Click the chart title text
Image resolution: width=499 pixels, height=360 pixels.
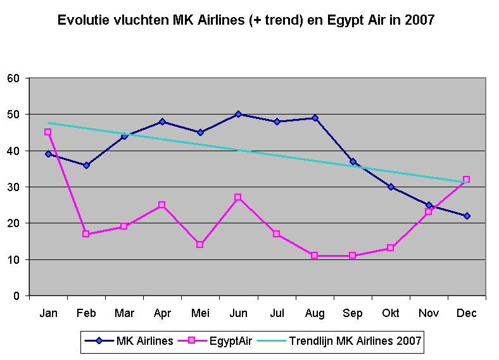tap(246, 20)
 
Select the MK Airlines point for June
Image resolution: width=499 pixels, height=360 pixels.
tap(238, 115)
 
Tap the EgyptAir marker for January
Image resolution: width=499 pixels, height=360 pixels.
tap(48, 132)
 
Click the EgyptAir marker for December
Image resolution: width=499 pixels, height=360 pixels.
tap(467, 180)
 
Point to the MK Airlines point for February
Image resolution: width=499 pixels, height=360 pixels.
tap(86, 165)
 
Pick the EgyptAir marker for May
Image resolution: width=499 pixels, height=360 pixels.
tap(200, 244)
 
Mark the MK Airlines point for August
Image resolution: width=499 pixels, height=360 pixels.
tap(315, 118)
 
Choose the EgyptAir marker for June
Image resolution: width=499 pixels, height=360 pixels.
tap(238, 197)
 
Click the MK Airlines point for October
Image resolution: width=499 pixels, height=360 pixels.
tap(391, 187)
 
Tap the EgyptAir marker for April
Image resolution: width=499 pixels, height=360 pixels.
tap(162, 205)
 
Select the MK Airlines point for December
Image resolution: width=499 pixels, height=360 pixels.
tap(467, 216)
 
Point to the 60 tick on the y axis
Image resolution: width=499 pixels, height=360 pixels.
tap(14, 78)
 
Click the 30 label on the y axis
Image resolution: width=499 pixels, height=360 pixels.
tap(14, 187)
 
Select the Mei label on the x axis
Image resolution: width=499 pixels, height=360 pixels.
tap(200, 313)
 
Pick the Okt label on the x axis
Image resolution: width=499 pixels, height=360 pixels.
tap(391, 313)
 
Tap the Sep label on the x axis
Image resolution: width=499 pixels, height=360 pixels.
tap(353, 313)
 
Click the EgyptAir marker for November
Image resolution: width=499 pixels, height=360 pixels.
tap(429, 212)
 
